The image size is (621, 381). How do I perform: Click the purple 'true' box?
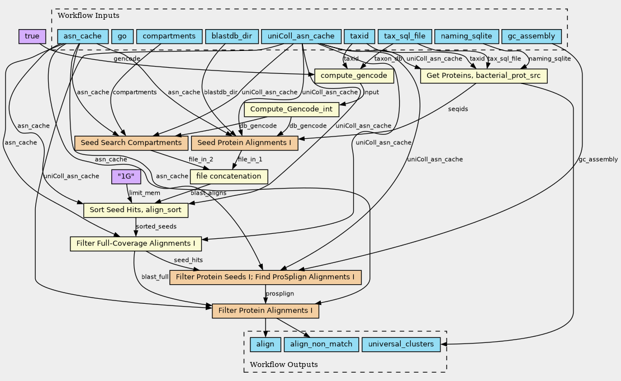(x=32, y=36)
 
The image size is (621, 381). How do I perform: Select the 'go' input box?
(x=121, y=36)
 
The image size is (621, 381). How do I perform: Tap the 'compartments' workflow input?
(x=168, y=36)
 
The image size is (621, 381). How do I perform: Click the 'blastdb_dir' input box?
(x=231, y=36)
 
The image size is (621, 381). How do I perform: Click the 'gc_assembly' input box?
(x=532, y=36)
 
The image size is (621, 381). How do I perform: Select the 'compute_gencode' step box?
(x=354, y=76)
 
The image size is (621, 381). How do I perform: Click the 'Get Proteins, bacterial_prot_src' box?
(x=483, y=76)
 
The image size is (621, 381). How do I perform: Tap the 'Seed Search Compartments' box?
(x=131, y=143)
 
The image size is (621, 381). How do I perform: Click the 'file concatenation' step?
(x=229, y=176)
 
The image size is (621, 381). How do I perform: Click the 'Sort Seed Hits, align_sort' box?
(x=136, y=210)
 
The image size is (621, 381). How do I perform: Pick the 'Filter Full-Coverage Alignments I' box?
(x=135, y=243)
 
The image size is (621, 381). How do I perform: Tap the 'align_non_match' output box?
(x=321, y=344)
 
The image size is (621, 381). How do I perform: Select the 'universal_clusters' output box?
(x=401, y=344)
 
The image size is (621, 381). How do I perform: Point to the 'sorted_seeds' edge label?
(x=156, y=227)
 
